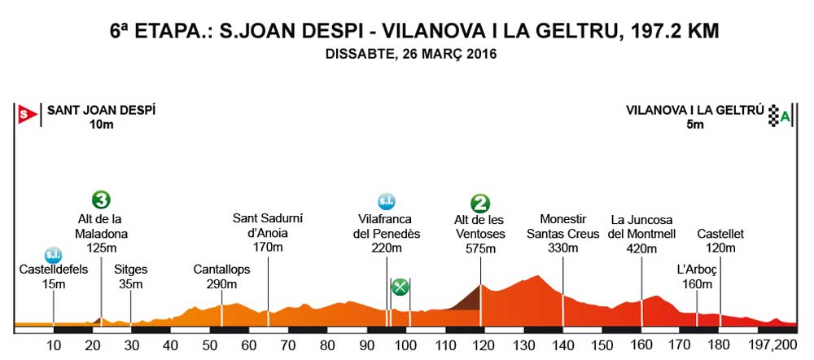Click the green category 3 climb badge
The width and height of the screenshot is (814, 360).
click(x=102, y=200)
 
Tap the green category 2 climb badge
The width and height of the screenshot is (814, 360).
click(x=480, y=203)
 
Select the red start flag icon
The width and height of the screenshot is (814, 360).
click(x=26, y=115)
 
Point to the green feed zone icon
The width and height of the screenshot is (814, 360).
click(x=400, y=287)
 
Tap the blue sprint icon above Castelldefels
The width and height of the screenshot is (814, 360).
click(x=53, y=255)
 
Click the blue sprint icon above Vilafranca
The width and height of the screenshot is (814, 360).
click(x=387, y=201)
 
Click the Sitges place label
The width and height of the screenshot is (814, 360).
click(x=130, y=270)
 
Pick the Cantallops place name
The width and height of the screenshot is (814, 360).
click(x=221, y=270)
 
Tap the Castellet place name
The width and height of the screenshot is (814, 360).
click(x=720, y=235)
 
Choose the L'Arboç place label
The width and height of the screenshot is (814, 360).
click(x=696, y=270)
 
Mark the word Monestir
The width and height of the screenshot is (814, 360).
click(x=562, y=220)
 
